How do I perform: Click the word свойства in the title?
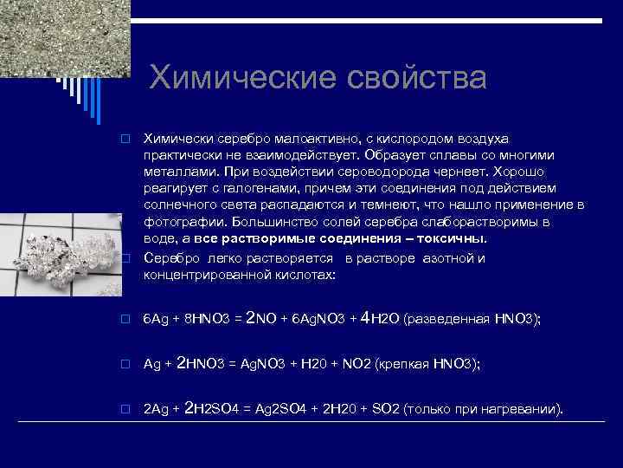[414, 78]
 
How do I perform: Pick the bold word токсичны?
[451, 238]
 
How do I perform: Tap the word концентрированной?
[206, 274]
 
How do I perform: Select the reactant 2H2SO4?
[215, 407]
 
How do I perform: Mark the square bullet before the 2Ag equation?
[125, 408]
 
